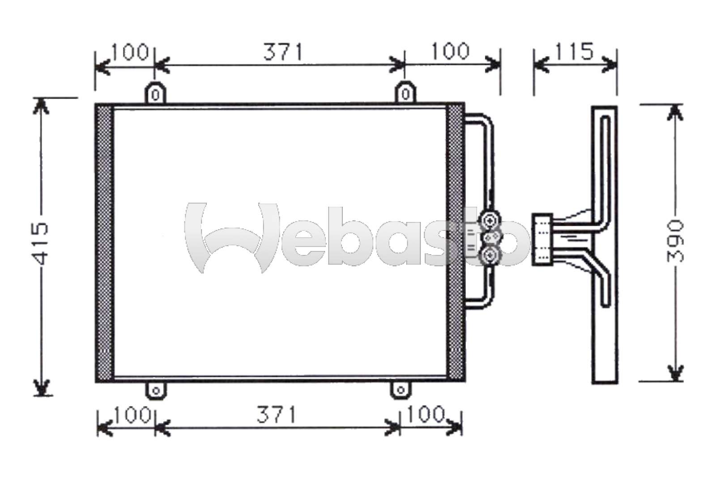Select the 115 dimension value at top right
click(x=575, y=51)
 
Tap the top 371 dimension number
click(x=283, y=52)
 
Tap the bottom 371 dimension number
click(x=277, y=415)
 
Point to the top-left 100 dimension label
click(x=130, y=52)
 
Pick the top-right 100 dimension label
click(x=450, y=51)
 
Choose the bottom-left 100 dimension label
click(x=131, y=415)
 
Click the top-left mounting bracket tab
click(x=155, y=93)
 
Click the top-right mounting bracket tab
click(x=405, y=93)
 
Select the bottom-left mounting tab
click(x=156, y=391)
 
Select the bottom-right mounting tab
click(x=401, y=391)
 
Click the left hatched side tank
click(x=104, y=243)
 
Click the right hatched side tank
click(x=456, y=243)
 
